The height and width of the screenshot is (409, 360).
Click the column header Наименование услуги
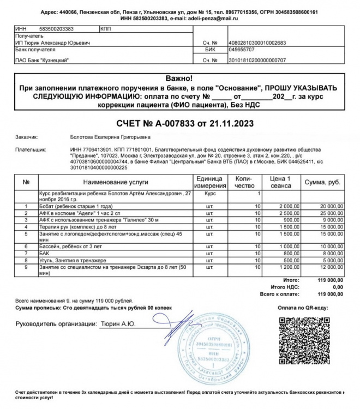(x=116, y=181)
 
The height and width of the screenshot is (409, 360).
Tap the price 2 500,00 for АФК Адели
(x=288, y=214)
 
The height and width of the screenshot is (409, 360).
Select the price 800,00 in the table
(x=290, y=254)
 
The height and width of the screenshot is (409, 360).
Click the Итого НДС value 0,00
(x=338, y=287)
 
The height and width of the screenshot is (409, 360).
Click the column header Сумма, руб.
(x=324, y=181)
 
